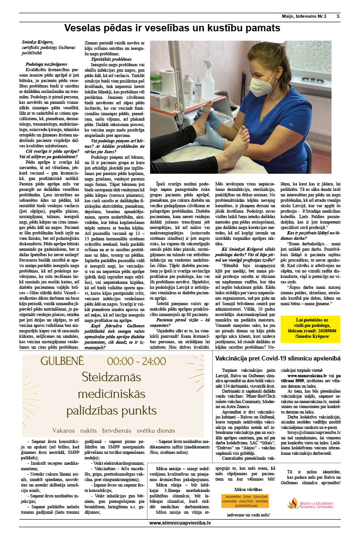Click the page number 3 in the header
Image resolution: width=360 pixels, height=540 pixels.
(338, 16)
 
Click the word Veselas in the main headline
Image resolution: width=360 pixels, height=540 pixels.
(89, 28)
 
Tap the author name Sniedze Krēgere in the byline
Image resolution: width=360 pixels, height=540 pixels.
(38, 42)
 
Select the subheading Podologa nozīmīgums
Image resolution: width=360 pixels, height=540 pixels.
(47, 65)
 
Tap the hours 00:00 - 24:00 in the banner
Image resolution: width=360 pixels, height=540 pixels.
(141, 361)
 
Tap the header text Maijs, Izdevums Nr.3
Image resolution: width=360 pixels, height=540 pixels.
(306, 16)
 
